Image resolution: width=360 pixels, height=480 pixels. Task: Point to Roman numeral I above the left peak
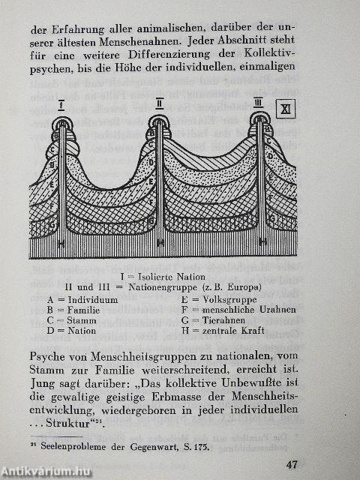[x=61, y=103]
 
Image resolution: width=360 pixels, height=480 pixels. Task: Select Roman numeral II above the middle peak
[x=160, y=102]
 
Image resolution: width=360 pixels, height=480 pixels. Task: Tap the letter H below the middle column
[x=160, y=243]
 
